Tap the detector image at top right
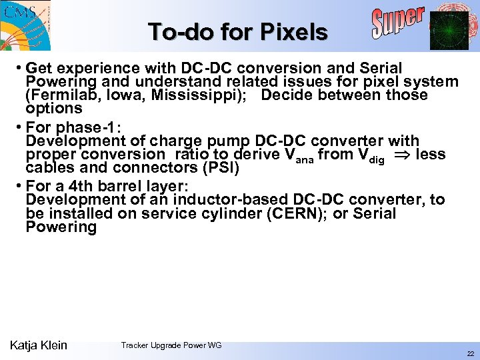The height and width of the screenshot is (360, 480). click(449, 30)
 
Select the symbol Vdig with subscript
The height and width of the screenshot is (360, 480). click(372, 155)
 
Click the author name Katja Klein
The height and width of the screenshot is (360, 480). click(39, 345)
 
